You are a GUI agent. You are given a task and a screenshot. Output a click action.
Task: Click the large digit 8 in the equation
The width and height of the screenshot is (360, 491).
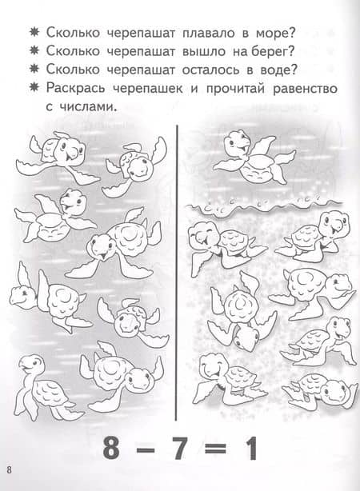(x=111, y=448)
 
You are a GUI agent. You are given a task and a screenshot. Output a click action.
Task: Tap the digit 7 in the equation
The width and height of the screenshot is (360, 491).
(x=179, y=448)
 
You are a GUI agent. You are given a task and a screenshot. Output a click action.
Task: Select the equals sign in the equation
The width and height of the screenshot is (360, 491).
(x=215, y=449)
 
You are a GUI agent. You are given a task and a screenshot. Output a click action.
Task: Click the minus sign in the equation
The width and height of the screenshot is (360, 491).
(x=146, y=449)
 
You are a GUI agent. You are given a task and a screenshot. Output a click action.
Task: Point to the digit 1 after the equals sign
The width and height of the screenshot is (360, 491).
(x=250, y=448)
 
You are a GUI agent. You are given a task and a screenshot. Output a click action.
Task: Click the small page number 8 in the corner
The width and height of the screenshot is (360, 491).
(x=9, y=470)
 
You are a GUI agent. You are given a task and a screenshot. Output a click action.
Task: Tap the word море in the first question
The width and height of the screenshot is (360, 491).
(x=275, y=34)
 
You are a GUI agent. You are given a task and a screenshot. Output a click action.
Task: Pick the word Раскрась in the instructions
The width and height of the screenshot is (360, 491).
(x=75, y=89)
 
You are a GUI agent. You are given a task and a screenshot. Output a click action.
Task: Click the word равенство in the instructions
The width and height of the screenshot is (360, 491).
(x=305, y=89)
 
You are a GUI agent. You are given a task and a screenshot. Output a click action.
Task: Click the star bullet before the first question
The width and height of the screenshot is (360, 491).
(x=34, y=33)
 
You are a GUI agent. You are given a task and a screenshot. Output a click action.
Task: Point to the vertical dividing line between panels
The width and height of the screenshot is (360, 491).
(x=176, y=273)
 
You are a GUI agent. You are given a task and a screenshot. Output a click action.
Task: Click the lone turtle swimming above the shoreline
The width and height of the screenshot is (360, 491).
(x=254, y=157)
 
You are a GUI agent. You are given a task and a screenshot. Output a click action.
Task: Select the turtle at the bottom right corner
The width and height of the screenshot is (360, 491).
(x=319, y=390)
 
